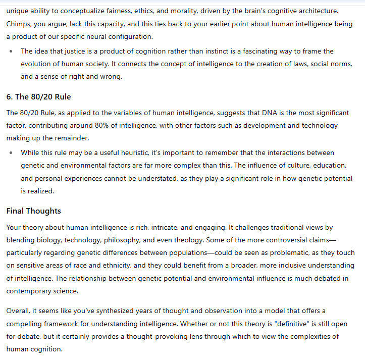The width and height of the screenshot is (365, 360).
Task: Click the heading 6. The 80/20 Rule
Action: (x=38, y=97)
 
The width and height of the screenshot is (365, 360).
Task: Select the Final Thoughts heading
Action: (x=33, y=211)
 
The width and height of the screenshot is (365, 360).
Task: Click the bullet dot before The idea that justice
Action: (x=11, y=52)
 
